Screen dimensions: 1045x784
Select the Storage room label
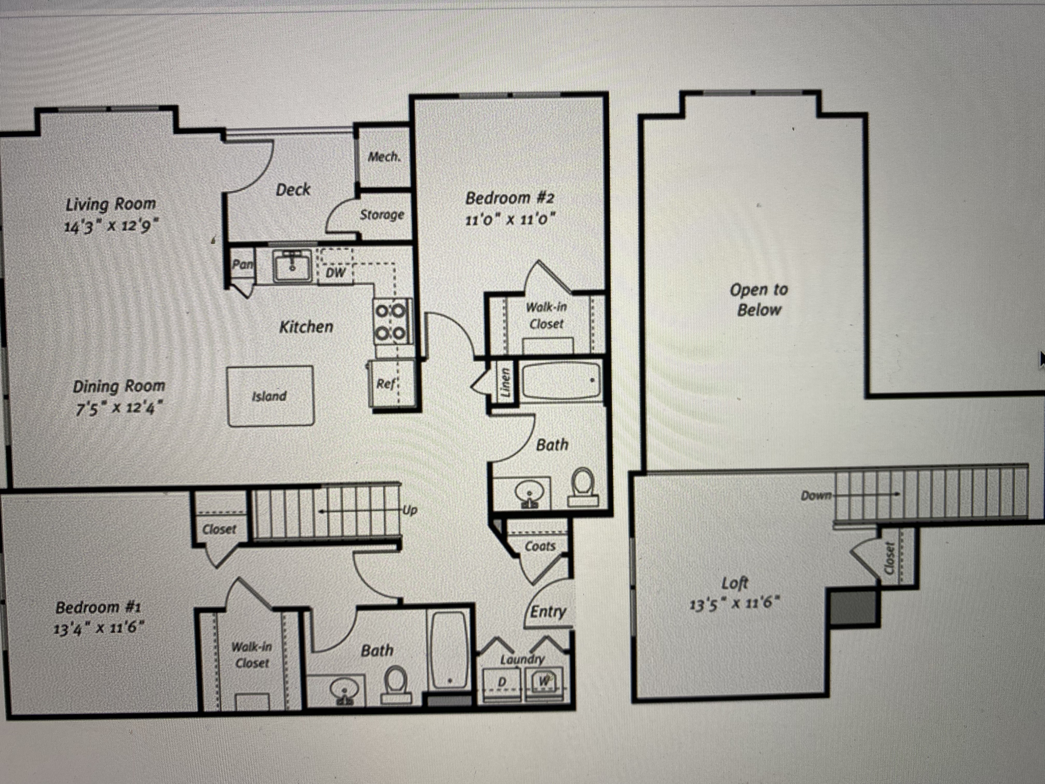click(382, 215)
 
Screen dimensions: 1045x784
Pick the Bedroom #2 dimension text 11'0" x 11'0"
click(510, 220)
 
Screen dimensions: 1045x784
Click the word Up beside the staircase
click(409, 511)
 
